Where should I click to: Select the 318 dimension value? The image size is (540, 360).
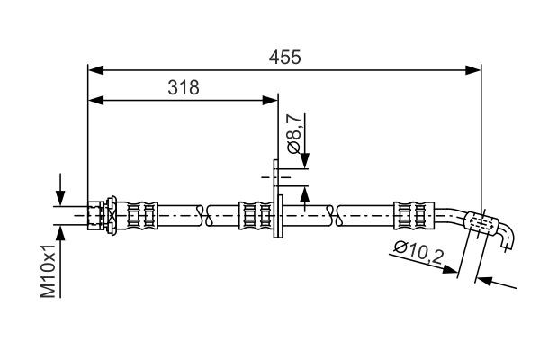point(183,87)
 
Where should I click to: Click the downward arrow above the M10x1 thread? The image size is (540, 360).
point(60,198)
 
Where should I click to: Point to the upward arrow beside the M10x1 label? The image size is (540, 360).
point(60,233)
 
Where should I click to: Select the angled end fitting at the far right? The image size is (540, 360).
point(490,226)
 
